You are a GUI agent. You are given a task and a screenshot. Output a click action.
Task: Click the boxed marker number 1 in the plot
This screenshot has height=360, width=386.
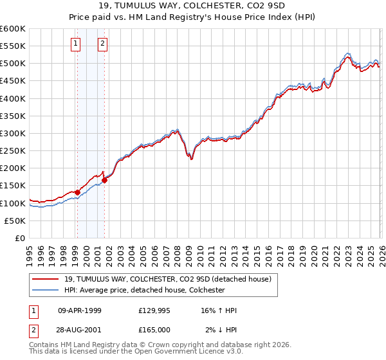(76, 44)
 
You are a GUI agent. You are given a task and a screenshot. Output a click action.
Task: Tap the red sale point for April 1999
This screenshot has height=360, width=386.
(77, 192)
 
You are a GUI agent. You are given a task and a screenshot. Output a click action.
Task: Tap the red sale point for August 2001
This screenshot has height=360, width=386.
(104, 180)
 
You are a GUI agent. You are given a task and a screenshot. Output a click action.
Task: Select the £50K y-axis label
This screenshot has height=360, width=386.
(15, 221)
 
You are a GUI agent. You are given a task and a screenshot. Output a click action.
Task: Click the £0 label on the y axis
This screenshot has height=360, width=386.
(19, 238)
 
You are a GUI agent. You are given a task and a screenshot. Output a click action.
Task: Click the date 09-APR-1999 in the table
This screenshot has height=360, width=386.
(80, 310)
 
